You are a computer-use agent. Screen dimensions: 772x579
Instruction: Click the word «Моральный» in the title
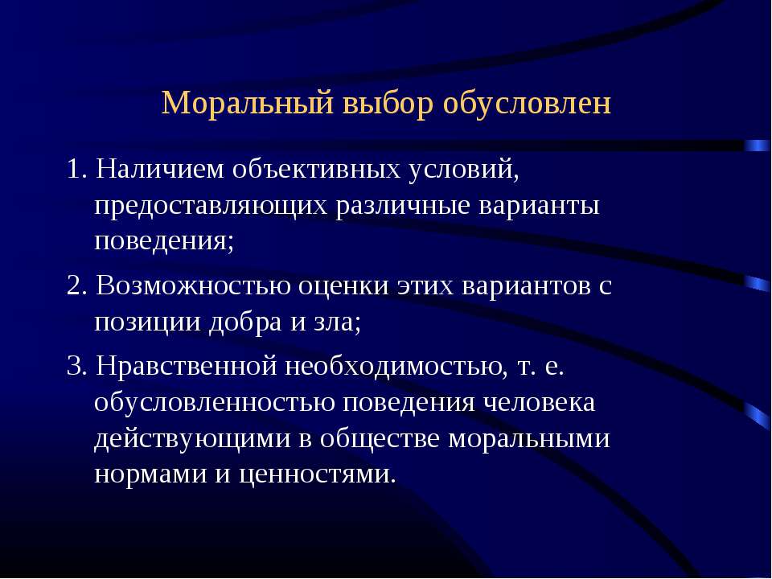click(247, 104)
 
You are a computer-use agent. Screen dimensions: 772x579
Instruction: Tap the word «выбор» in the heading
click(388, 104)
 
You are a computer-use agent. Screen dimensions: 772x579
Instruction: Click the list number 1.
click(76, 170)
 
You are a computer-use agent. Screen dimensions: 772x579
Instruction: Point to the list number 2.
click(76, 286)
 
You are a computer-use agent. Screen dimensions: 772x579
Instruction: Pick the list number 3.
click(76, 367)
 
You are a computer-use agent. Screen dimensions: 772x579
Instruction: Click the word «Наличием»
click(159, 170)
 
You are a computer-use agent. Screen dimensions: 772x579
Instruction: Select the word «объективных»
click(316, 170)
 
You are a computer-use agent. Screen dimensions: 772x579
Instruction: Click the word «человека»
click(539, 404)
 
